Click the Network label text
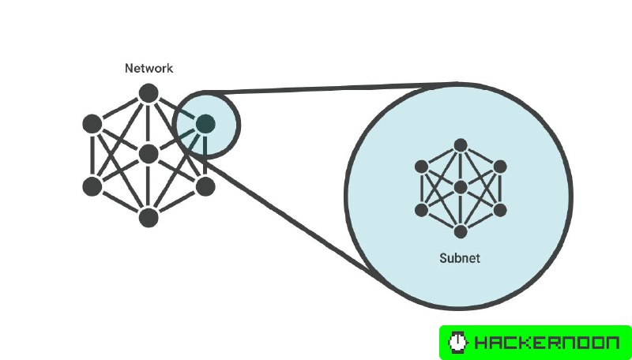click(149, 69)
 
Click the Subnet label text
click(460, 258)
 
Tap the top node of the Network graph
click(148, 94)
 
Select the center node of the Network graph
click(148, 154)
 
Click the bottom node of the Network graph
click(148, 216)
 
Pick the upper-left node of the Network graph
click(92, 124)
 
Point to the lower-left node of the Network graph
click(92, 186)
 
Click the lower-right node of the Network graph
click(205, 186)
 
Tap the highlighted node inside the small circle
click(205, 123)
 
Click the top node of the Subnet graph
click(460, 144)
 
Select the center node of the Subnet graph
click(460, 187)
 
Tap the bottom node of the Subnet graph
click(460, 231)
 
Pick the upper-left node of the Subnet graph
click(422, 166)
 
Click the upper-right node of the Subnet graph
click(498, 166)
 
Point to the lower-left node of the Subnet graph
click(422, 209)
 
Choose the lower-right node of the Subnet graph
click(498, 209)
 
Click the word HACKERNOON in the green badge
click(546, 343)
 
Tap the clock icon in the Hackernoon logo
click(457, 343)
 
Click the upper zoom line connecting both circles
click(332, 88)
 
